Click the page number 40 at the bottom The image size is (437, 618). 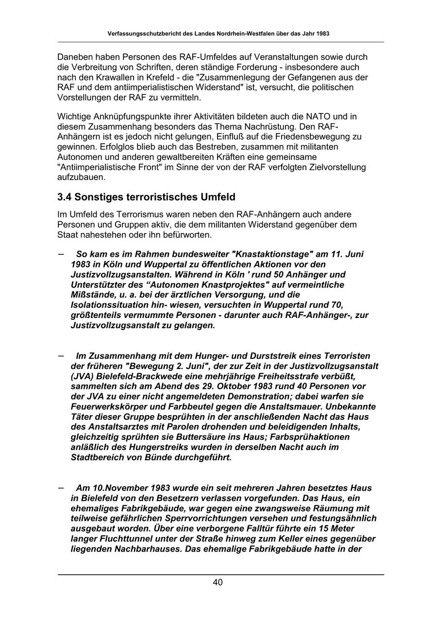(x=218, y=583)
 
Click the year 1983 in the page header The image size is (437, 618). (x=320, y=34)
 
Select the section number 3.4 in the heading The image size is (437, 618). (x=65, y=197)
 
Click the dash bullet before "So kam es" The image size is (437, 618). (x=61, y=254)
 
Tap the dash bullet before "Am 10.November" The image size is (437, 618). (x=61, y=487)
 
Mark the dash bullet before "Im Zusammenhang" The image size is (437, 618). (x=61, y=355)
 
